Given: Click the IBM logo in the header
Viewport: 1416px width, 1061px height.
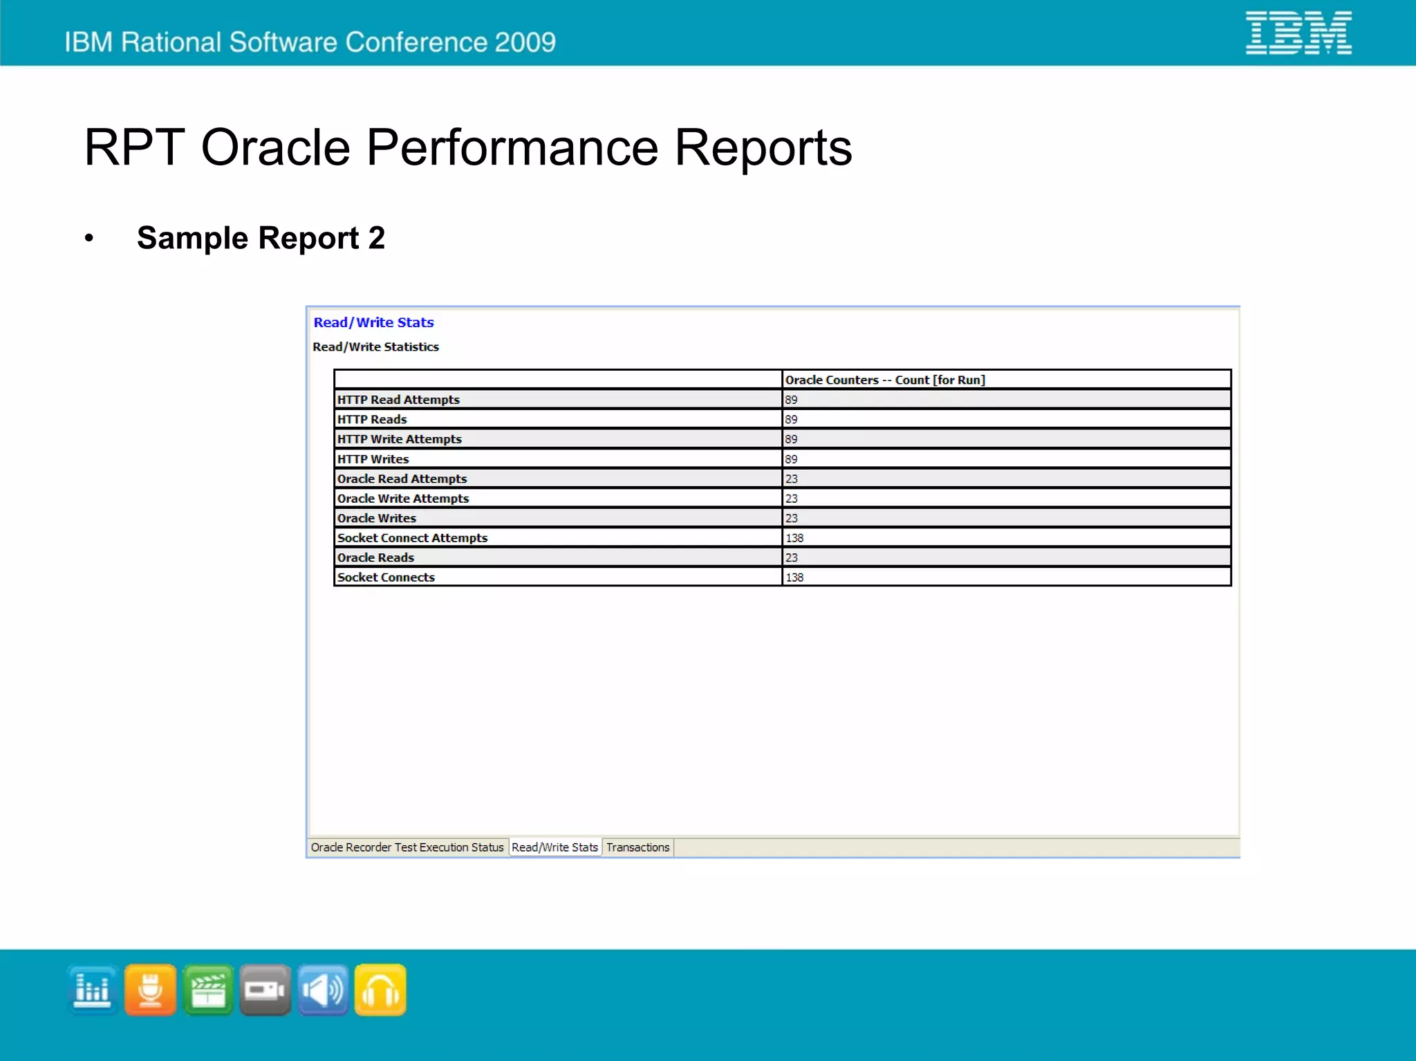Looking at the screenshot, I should (1298, 33).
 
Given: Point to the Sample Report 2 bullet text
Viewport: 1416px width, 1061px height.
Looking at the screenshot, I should (261, 238).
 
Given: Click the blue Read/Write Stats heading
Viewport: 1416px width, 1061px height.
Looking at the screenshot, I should (373, 322).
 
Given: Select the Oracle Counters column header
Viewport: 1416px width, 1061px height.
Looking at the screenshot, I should (884, 380).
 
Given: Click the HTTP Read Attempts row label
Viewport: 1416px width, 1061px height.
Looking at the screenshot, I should (398, 400).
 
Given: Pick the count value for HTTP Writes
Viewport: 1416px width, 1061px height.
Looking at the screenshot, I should (791, 459).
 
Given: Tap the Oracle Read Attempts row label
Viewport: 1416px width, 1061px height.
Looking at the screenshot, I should (402, 479).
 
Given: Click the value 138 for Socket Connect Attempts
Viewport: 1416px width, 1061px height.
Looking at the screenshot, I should (794, 538).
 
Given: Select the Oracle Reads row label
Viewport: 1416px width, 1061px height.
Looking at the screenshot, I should (375, 557).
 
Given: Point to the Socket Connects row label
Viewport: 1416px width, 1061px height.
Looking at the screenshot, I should (386, 578).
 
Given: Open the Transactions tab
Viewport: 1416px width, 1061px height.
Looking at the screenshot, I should (637, 847).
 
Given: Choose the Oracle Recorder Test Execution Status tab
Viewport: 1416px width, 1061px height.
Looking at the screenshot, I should (407, 847).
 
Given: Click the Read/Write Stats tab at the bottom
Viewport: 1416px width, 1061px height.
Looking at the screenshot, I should (555, 847).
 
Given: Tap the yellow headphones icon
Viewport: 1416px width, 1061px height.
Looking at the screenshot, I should (380, 990).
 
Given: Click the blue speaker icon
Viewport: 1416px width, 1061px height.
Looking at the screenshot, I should (323, 990).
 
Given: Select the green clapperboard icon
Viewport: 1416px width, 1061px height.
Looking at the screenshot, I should (208, 990).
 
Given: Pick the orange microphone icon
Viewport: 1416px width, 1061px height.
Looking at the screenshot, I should (151, 990).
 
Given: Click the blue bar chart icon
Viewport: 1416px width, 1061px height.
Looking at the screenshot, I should (93, 990).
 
